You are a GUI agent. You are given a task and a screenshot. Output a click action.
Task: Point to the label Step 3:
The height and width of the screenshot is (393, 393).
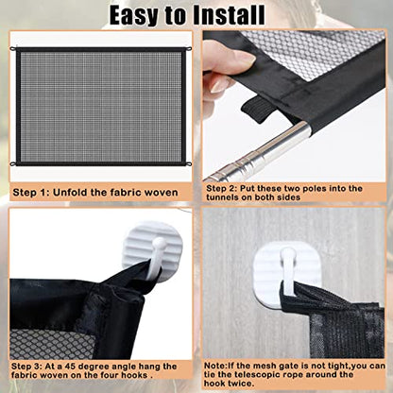[x=33, y=366]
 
